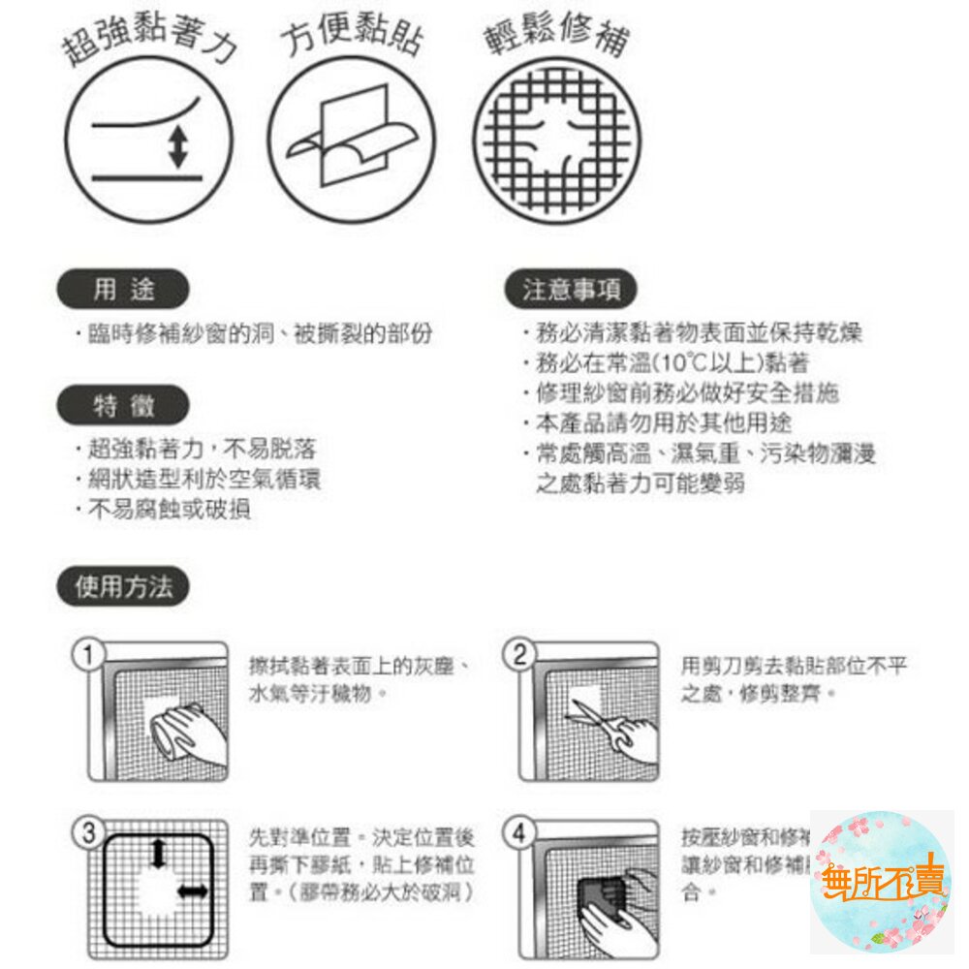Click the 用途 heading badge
pyautogui.click(x=123, y=289)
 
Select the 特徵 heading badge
pyautogui.click(x=123, y=406)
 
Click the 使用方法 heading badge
pyautogui.click(x=123, y=587)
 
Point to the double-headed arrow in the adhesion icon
pyautogui.click(x=177, y=145)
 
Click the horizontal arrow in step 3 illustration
pyautogui.click(x=192, y=891)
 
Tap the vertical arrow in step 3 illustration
pyautogui.click(x=158, y=854)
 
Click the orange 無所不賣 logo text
pyautogui.click(x=881, y=881)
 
